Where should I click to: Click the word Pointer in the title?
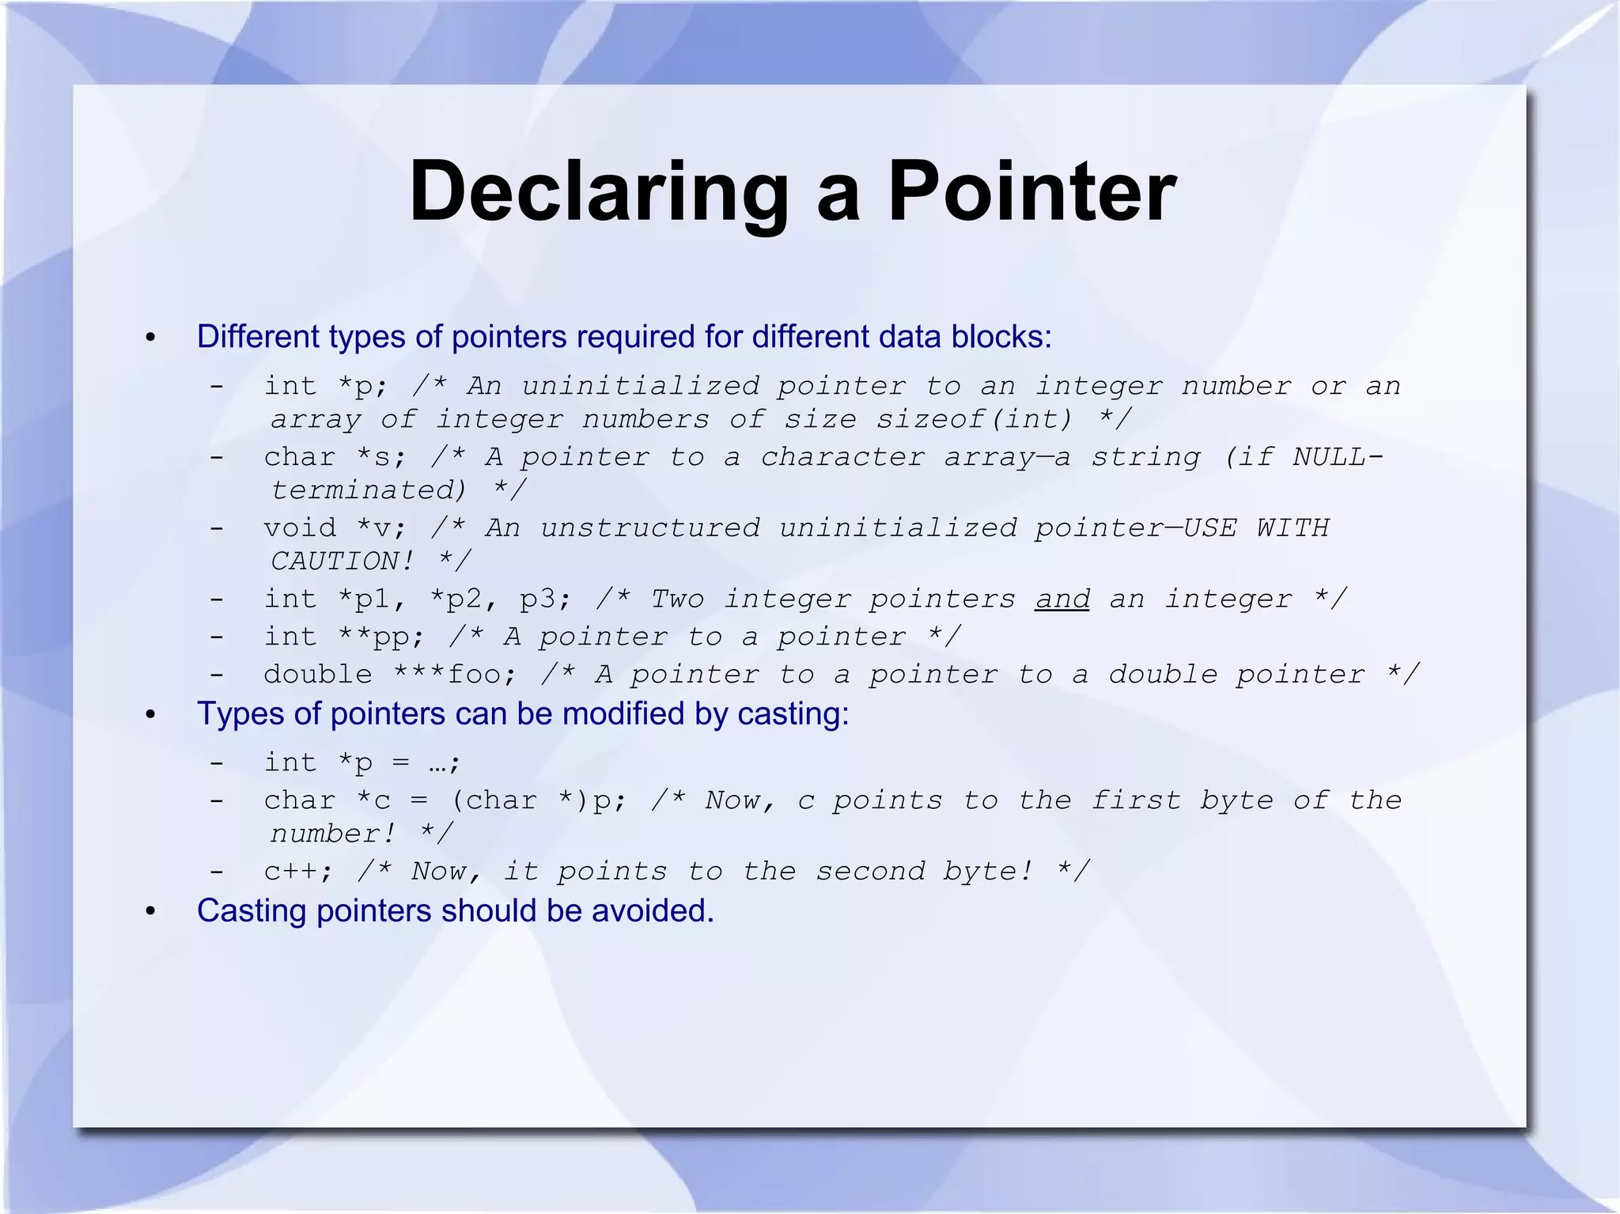pyautogui.click(x=1031, y=192)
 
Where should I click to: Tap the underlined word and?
pyautogui.click(x=1062, y=599)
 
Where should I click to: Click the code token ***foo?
pyautogui.click(x=456, y=675)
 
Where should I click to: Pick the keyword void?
pyautogui.click(x=300, y=528)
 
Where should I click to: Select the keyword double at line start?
pyautogui.click(x=318, y=675)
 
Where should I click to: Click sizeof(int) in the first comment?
pyautogui.click(x=975, y=419)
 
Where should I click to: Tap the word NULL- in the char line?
pyautogui.click(x=1338, y=457)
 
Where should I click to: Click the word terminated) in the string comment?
pyautogui.click(x=369, y=490)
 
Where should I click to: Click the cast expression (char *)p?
pyautogui.click(x=539, y=800)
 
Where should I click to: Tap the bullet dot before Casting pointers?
pyautogui.click(x=151, y=912)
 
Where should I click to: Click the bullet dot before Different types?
pyautogui.click(x=151, y=338)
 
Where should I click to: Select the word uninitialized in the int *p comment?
pyautogui.click(x=641, y=386)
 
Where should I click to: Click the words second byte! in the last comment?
pyautogui.click(x=924, y=872)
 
